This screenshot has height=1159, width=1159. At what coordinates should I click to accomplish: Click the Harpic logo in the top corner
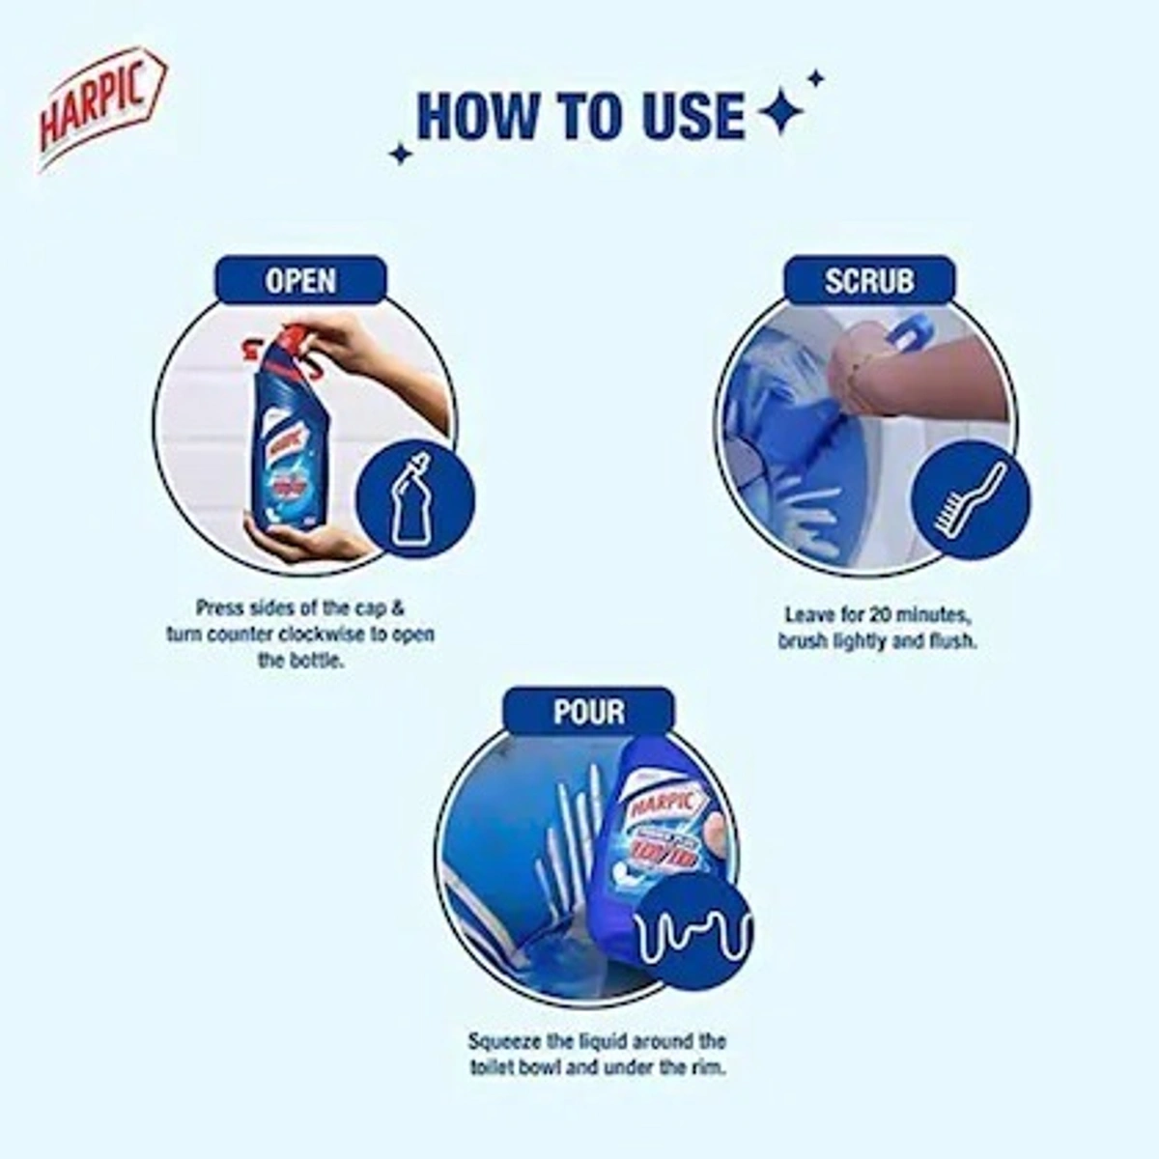[x=102, y=109]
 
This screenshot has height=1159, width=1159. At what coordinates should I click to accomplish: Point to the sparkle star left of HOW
[x=400, y=153]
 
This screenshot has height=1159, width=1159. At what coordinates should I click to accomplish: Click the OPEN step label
[x=300, y=281]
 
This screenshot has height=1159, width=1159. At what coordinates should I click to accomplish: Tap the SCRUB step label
[x=868, y=281]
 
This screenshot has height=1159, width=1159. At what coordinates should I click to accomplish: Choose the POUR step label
[x=588, y=712]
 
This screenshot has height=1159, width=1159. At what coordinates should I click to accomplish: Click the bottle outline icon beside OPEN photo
[x=414, y=498]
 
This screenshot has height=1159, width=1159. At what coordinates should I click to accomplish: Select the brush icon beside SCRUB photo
[x=971, y=499]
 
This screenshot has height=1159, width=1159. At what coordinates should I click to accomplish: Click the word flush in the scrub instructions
[x=951, y=640]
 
